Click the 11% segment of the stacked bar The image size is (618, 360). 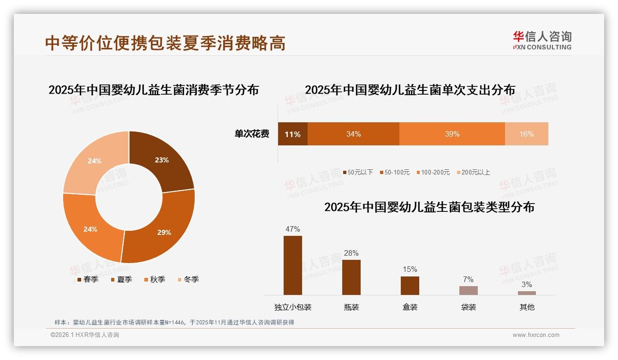click(292, 134)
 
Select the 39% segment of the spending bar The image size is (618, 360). click(452, 134)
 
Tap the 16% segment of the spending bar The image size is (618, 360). click(526, 134)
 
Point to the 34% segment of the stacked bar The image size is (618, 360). click(353, 134)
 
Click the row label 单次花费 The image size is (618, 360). click(252, 134)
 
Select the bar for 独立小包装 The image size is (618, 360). click(293, 265)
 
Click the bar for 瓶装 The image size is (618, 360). click(351, 277)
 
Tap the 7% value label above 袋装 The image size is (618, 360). click(468, 279)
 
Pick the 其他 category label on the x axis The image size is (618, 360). click(527, 307)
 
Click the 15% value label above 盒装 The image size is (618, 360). click(410, 269)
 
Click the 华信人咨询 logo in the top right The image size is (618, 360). click(542, 40)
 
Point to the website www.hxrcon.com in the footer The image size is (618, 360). click(536, 335)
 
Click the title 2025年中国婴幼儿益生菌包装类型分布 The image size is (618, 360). click(429, 207)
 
